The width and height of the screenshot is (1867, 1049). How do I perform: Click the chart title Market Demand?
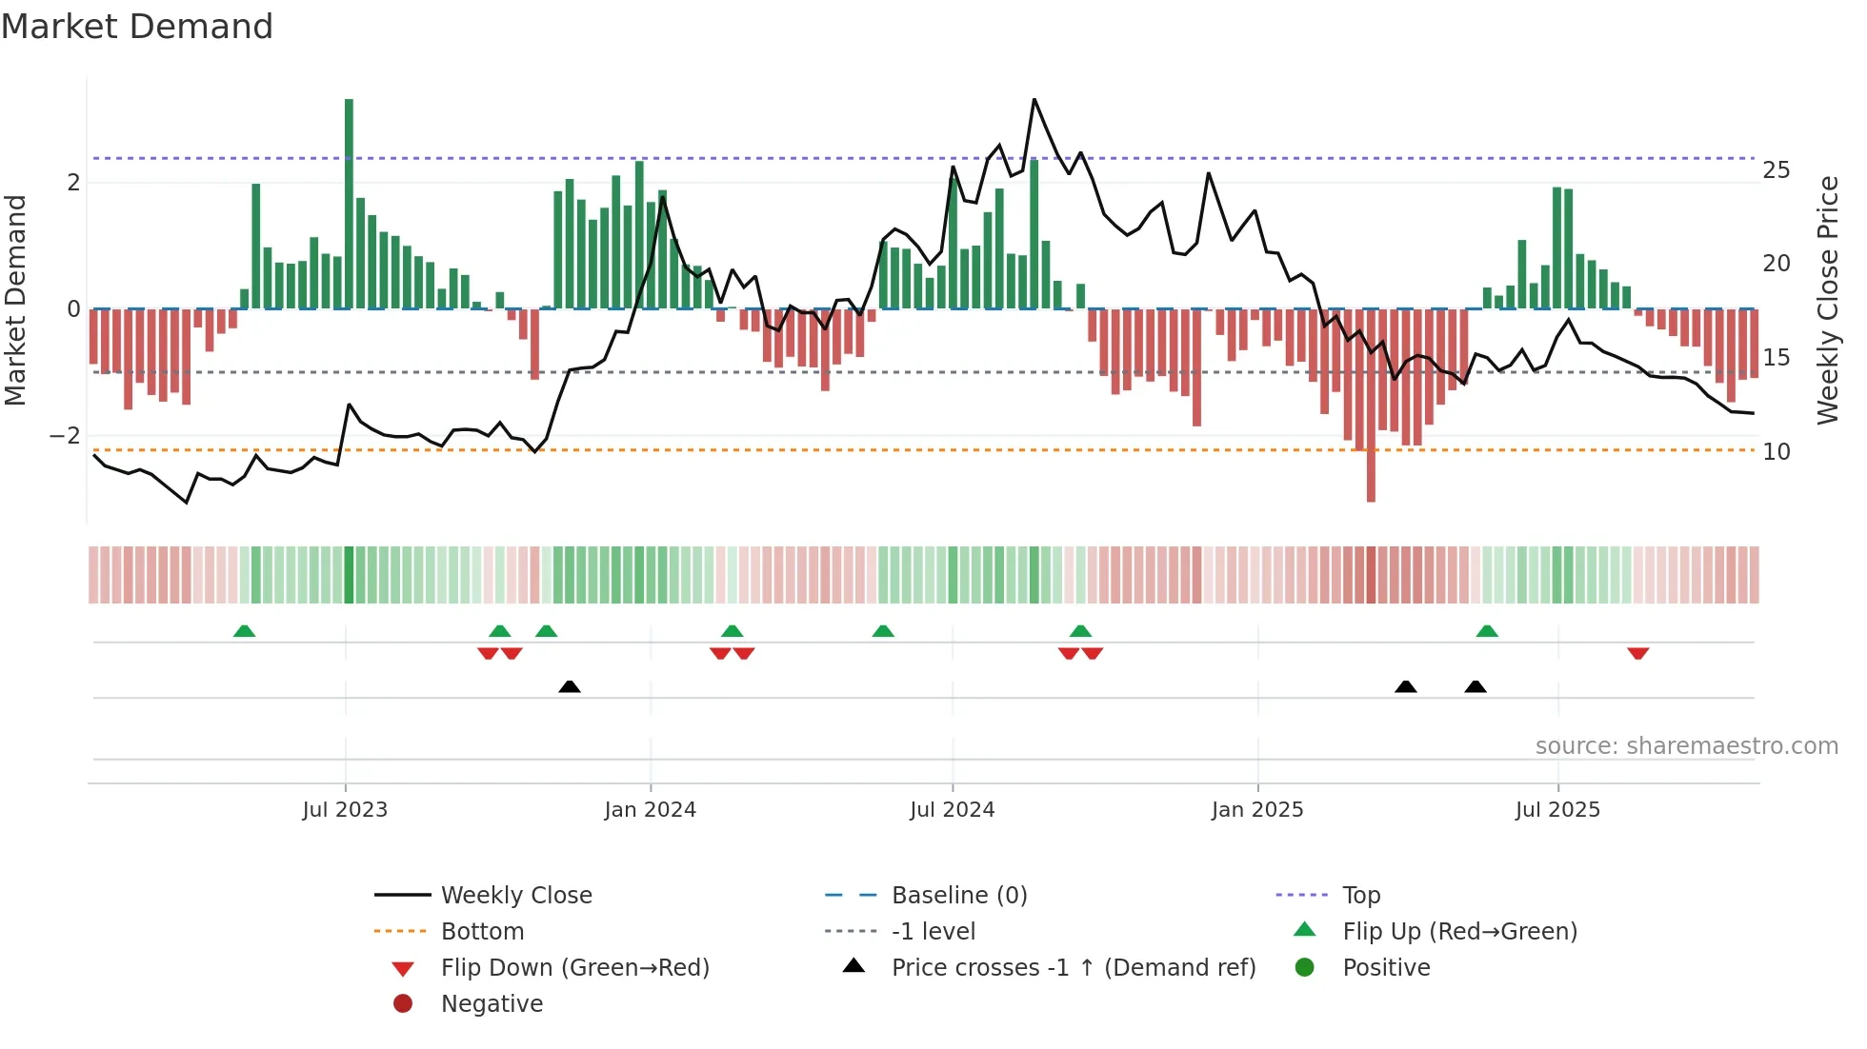click(137, 26)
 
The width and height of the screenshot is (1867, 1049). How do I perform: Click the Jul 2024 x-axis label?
click(952, 810)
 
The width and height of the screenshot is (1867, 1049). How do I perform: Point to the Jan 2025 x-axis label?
click(1257, 810)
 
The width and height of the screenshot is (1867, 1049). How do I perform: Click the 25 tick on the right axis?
click(1776, 170)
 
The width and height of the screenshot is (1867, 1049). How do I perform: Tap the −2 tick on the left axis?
click(66, 436)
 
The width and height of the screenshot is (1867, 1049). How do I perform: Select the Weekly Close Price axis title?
click(1827, 300)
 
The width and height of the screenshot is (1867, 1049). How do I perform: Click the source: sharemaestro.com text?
click(1686, 746)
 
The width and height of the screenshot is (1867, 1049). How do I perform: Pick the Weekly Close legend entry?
click(515, 896)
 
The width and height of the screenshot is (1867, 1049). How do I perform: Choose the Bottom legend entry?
click(482, 932)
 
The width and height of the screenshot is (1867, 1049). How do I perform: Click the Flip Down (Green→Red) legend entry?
click(574, 968)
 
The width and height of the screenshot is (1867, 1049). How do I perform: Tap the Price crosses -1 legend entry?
click(1073, 968)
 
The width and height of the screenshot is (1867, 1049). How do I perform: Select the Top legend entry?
click(1361, 896)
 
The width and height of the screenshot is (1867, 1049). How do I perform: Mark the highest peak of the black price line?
click(1034, 100)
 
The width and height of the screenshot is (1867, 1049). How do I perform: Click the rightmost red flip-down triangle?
click(1638, 653)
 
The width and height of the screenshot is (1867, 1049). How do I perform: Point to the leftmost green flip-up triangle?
click(245, 631)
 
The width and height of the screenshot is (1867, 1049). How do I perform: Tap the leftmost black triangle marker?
click(570, 686)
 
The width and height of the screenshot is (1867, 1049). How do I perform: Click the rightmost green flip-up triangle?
click(1487, 631)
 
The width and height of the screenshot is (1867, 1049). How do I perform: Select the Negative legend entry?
click(492, 1004)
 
